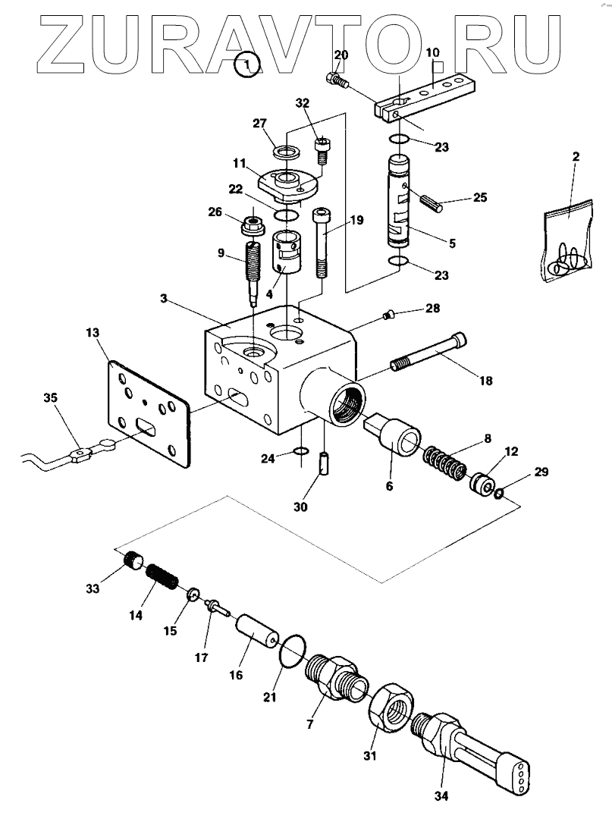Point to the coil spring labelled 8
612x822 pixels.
(443, 462)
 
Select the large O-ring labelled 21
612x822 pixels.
(292, 651)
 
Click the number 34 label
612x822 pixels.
(441, 795)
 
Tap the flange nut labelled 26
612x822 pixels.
(250, 226)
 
